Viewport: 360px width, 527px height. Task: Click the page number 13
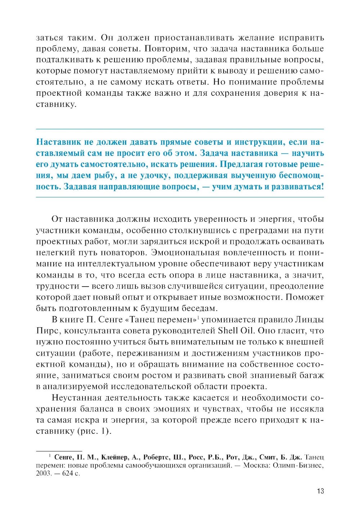coord(320,491)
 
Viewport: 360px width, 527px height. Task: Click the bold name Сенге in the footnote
coord(64,457)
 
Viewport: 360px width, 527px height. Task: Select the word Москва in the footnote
coord(257,465)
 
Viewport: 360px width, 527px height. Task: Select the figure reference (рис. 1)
coord(94,431)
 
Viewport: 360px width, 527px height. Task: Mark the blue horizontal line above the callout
coord(180,129)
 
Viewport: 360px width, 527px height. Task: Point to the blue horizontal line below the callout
coord(180,197)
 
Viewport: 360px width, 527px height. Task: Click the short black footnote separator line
coord(59,451)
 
